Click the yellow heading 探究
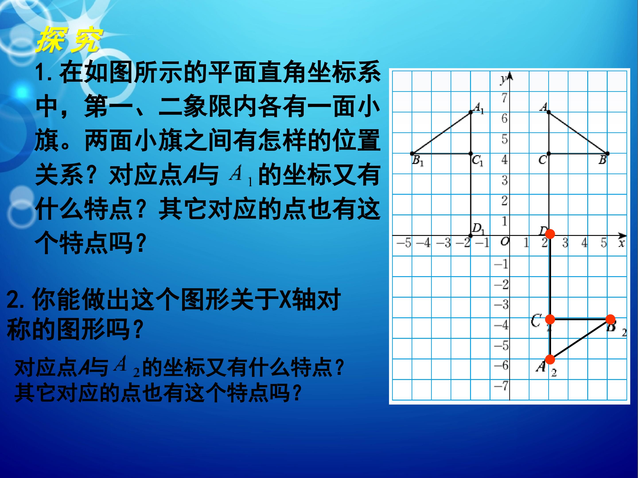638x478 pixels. click(x=69, y=41)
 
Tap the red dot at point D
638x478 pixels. click(x=550, y=234)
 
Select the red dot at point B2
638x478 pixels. click(x=610, y=319)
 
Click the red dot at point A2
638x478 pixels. click(x=550, y=359)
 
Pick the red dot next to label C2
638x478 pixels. click(x=550, y=319)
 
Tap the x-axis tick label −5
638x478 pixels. click(x=404, y=243)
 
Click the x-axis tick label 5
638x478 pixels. click(x=604, y=243)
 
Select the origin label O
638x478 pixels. click(x=504, y=241)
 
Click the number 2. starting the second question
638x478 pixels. click(x=17, y=300)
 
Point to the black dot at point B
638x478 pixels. click(x=607, y=153)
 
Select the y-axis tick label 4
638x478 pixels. click(x=504, y=159)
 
